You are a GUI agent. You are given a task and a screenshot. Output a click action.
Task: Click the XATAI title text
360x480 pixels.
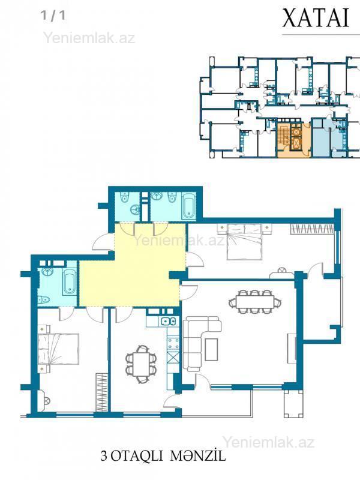[316, 18]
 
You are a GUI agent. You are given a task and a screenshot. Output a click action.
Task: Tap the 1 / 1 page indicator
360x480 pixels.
[53, 16]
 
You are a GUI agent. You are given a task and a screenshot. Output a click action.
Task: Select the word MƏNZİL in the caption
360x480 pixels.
[198, 455]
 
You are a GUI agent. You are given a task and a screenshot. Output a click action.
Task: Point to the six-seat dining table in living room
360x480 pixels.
[254, 302]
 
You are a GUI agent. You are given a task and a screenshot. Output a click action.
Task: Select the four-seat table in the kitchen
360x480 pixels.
[142, 364]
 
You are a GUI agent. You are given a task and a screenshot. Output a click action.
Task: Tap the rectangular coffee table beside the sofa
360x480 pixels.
[211, 349]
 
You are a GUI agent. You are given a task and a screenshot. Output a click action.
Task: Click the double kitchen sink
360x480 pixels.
[168, 322]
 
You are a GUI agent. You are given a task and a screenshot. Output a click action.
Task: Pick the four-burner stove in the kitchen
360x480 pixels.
[173, 343]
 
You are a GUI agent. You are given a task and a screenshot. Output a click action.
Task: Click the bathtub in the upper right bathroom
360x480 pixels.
[188, 205]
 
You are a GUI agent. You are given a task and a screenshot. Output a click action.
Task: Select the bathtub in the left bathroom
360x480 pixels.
[70, 281]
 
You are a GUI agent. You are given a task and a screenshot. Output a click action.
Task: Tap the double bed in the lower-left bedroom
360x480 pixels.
[58, 349]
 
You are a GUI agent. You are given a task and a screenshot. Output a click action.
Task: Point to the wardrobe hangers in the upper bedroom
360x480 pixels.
[311, 229]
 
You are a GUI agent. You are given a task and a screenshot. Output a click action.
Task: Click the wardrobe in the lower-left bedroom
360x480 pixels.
[101, 392]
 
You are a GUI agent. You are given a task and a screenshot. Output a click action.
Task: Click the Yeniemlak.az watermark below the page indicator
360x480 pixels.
[89, 38]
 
